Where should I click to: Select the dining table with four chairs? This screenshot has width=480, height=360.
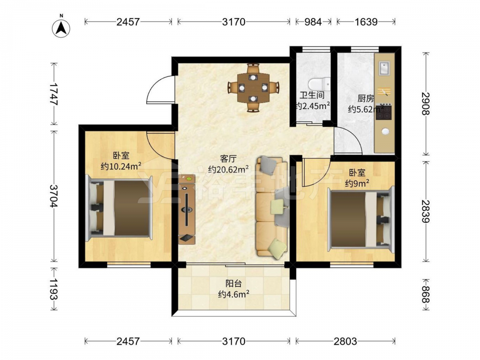pos(253,87)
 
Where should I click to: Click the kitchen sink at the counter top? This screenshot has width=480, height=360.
pos(384,68)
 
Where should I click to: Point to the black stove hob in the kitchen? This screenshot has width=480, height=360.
pos(384,112)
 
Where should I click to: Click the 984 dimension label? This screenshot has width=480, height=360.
pos(313,22)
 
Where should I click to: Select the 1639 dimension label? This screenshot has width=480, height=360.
pos(366,22)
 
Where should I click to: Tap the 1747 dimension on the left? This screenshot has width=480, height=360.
pos(54,94)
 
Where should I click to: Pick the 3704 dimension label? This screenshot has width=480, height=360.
pos(54,196)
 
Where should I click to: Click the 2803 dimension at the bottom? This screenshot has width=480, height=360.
pos(345,341)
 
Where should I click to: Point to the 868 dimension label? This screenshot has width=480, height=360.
pos(425,294)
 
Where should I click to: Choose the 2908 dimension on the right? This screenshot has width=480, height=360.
pos(425,104)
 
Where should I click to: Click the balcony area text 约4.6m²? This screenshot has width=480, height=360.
pos(234,294)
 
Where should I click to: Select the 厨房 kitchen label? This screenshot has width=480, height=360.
pos(366,98)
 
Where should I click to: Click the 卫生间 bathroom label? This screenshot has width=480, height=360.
pos(312,95)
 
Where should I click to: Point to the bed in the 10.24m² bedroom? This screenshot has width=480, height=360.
pos(120,208)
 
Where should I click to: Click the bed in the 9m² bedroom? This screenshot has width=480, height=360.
pos(360,219)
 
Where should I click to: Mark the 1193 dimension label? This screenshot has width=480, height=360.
pos(54,289)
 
